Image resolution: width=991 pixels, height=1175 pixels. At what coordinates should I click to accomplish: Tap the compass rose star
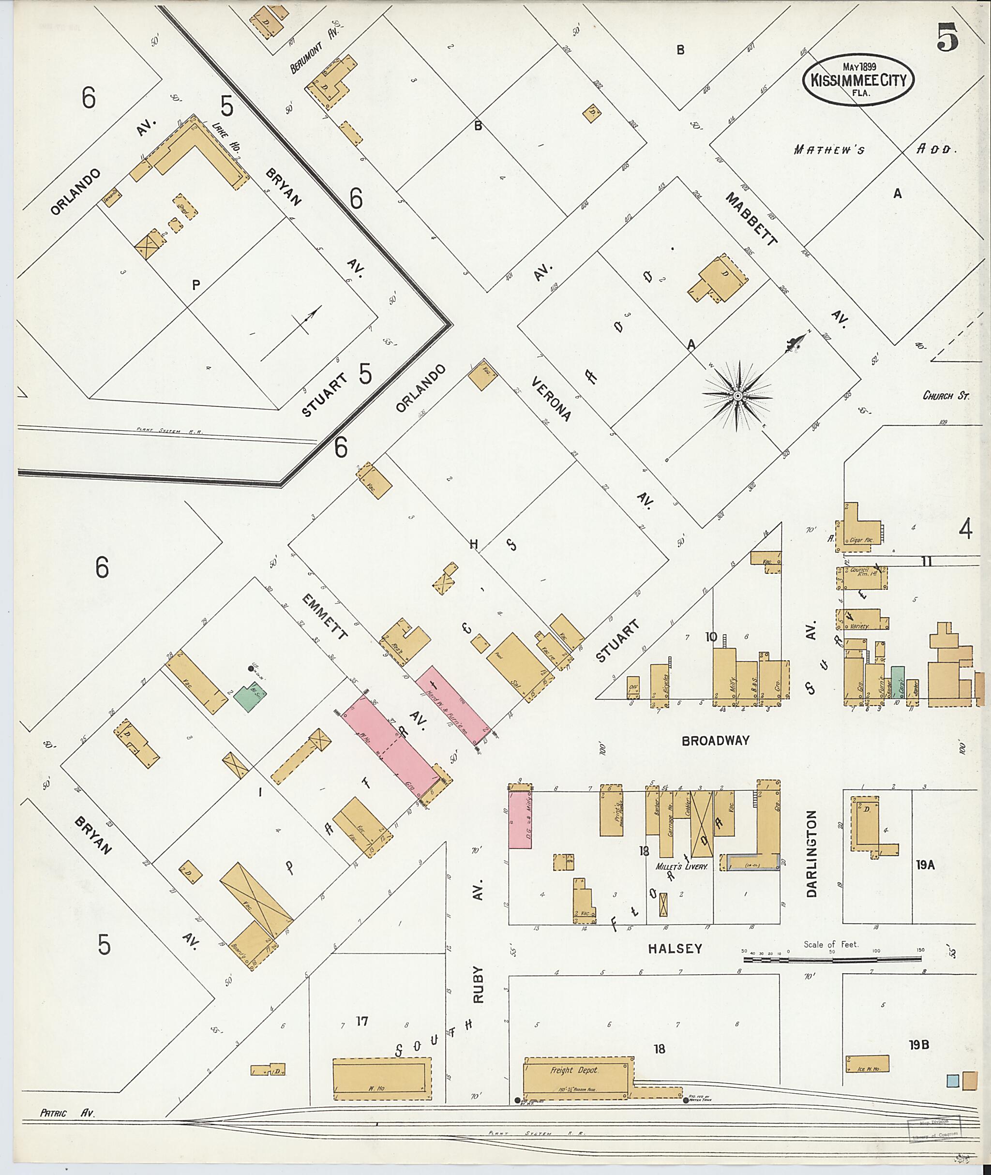[x=736, y=396]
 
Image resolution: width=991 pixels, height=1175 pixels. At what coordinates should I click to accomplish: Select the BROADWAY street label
[x=715, y=741]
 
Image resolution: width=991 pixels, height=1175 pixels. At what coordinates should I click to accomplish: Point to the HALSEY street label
[x=675, y=949]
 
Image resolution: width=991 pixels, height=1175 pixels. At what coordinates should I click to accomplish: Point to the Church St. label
[x=946, y=395]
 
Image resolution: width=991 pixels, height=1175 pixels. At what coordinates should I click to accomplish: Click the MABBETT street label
[x=751, y=219]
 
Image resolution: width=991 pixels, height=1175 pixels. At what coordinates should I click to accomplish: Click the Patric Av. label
[x=68, y=1113]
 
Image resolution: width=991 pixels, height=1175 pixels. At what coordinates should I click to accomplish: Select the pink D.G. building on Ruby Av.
[x=520, y=819]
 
